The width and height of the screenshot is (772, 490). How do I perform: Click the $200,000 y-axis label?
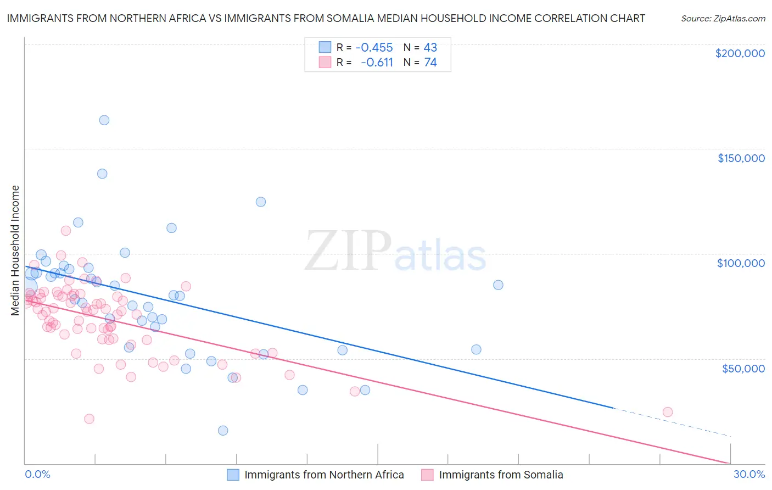pos(740,53)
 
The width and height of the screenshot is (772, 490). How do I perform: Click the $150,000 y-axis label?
pos(741,158)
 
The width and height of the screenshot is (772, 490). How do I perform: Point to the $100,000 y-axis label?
pos(741,263)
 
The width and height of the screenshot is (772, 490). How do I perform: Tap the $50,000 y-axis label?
pos(743,369)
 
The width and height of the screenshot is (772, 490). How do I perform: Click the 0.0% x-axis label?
pos(37,474)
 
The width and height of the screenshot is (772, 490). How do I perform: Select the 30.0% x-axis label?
pos(749,474)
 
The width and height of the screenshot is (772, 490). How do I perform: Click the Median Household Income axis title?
pos(15,250)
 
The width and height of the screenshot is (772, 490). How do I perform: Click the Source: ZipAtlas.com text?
pos(723,18)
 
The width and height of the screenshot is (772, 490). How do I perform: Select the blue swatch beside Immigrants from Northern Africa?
pos(233,475)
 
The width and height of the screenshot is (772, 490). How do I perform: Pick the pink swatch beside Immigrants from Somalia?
pos(428,475)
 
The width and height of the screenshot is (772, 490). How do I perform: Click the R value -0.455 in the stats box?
pos(374,47)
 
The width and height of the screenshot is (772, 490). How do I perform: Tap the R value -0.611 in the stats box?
pos(377,63)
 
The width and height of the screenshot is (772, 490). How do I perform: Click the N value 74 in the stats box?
pos(430,63)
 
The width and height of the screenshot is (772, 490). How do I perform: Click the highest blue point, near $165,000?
pos(104,120)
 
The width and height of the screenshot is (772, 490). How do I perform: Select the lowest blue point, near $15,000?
pos(223,431)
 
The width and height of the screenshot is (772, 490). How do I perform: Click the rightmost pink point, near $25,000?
pos(668,412)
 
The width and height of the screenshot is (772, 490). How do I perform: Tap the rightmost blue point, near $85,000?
pos(498,285)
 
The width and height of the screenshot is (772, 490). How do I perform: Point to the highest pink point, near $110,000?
pos(66,231)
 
